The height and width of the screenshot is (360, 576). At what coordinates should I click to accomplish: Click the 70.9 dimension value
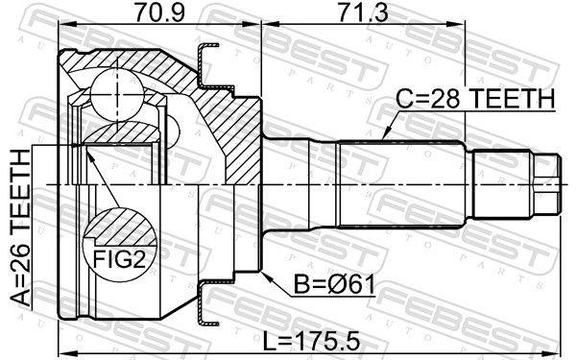pyautogui.click(x=159, y=12)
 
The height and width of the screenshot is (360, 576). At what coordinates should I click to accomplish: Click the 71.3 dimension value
pyautogui.click(x=363, y=12)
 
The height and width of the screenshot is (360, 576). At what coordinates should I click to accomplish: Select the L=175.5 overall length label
pyautogui.click(x=310, y=343)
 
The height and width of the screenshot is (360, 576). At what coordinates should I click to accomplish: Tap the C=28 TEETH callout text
pyautogui.click(x=475, y=99)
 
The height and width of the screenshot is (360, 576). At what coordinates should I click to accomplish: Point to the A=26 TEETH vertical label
pyautogui.click(x=20, y=228)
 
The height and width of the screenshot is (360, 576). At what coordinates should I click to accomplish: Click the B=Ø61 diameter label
pyautogui.click(x=335, y=285)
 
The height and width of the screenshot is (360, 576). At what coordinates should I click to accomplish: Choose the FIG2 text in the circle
pyautogui.click(x=119, y=258)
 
